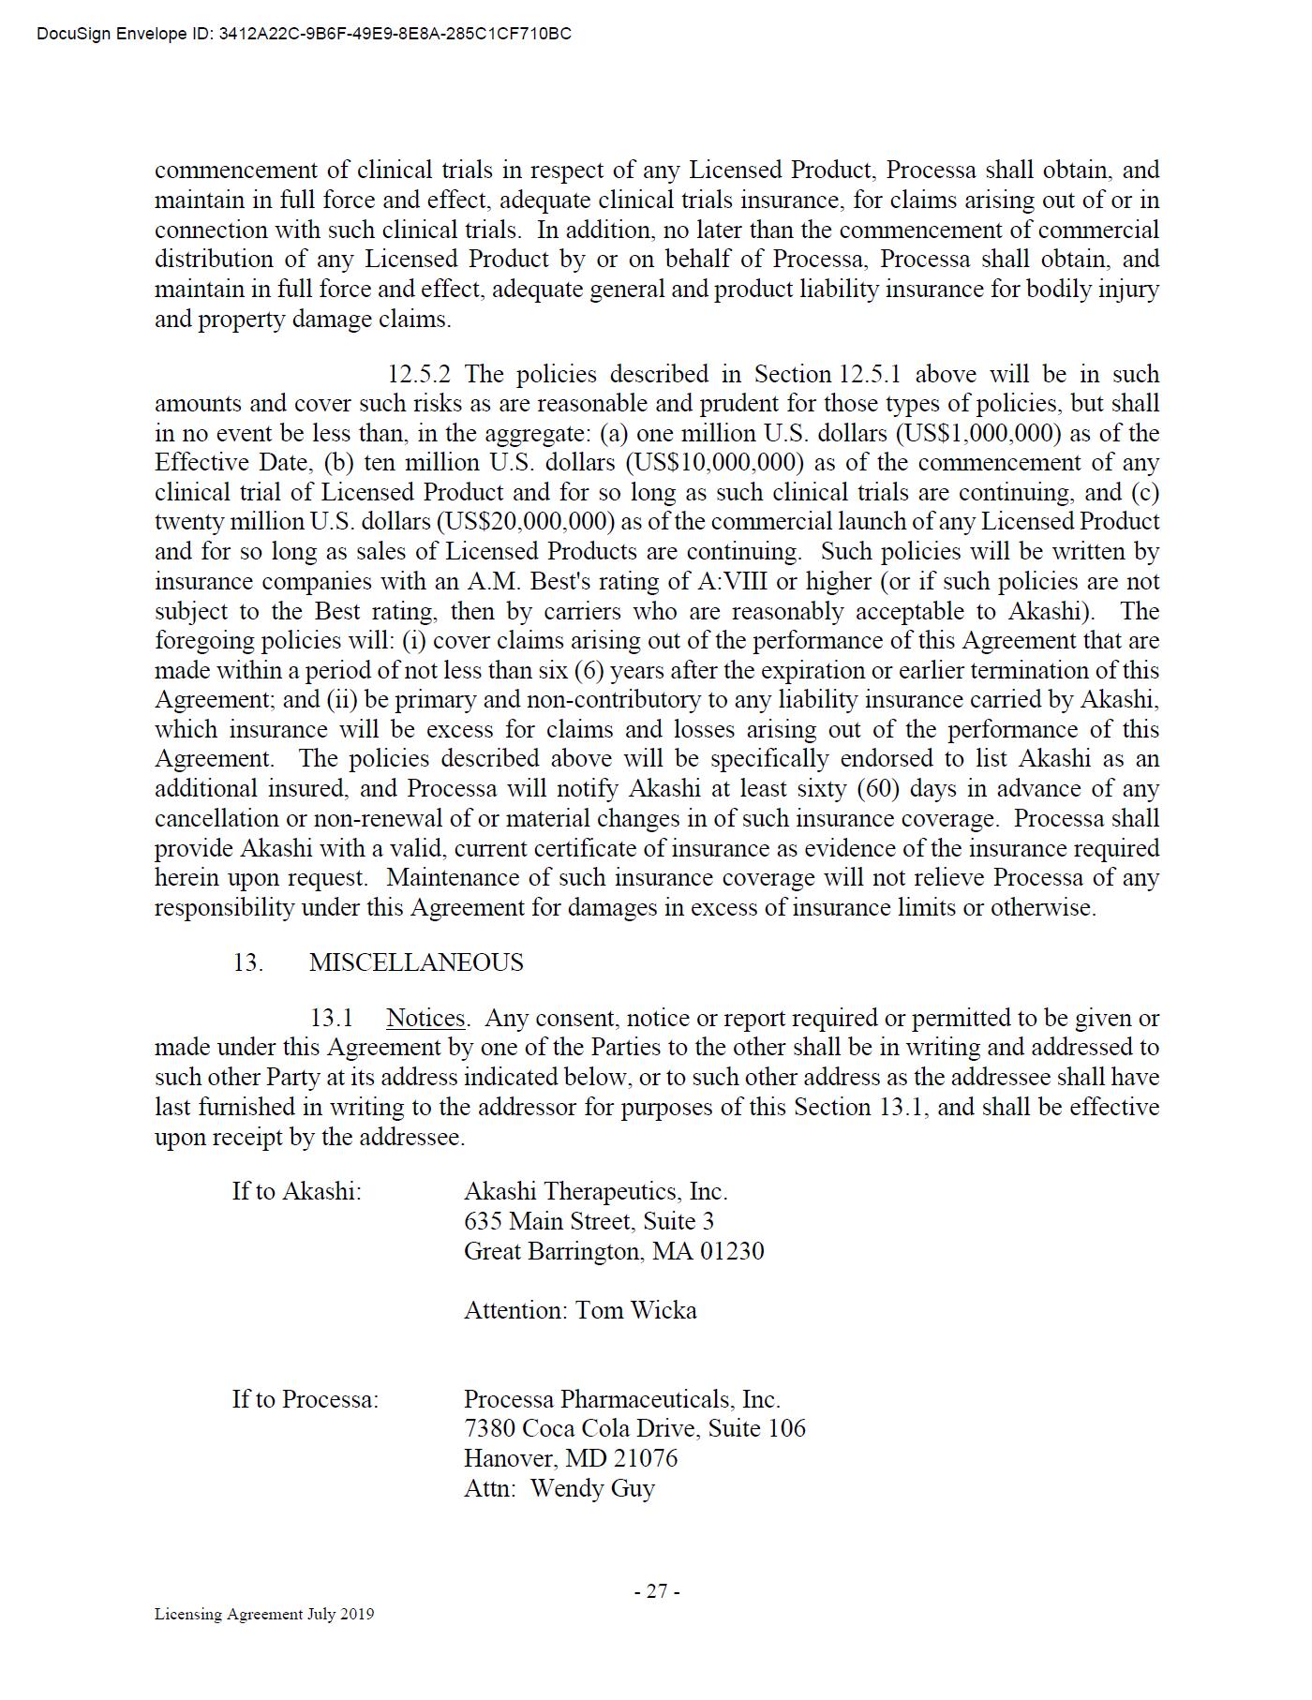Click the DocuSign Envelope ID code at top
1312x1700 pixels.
(x=395, y=35)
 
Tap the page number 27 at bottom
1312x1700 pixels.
(x=657, y=1591)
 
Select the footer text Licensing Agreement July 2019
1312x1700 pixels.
(x=264, y=1614)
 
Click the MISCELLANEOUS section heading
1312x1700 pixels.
(x=416, y=962)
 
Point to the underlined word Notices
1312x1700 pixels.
(x=425, y=1018)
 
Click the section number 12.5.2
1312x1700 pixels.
(x=419, y=374)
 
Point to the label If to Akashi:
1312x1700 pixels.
(x=297, y=1191)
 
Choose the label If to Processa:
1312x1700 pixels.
(x=306, y=1399)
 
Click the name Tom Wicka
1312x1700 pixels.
(x=636, y=1310)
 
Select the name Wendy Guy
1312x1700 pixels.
(x=592, y=1488)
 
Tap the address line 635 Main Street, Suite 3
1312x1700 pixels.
(x=589, y=1221)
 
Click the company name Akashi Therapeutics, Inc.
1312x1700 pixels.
(x=595, y=1191)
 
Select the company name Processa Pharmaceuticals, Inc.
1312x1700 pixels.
(x=621, y=1399)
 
